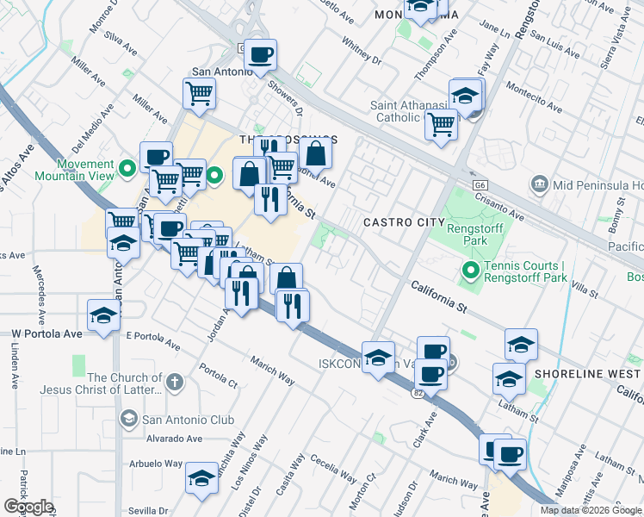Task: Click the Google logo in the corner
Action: coord(28,507)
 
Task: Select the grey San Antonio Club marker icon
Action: coord(128,420)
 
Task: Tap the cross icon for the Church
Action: coord(174,381)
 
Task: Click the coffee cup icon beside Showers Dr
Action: coord(260,56)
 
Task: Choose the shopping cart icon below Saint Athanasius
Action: coord(441,124)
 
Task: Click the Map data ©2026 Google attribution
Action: coord(591,510)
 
